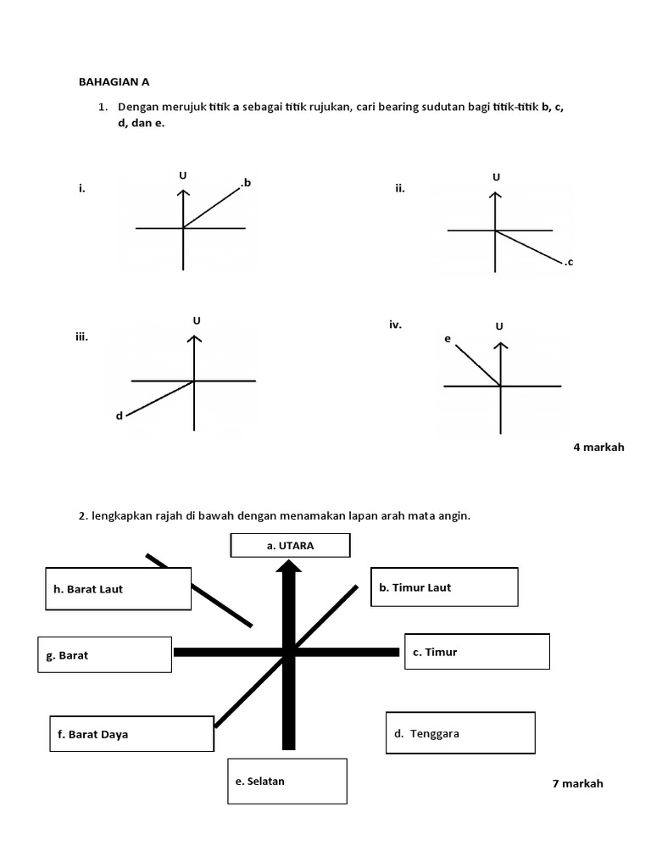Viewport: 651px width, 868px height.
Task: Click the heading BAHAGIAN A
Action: [x=114, y=82]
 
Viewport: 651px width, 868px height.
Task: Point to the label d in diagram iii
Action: [x=120, y=415]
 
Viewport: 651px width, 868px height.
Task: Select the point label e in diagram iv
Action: [x=447, y=339]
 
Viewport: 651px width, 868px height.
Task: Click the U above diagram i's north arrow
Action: [x=182, y=175]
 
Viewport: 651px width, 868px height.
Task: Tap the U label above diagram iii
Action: [x=197, y=320]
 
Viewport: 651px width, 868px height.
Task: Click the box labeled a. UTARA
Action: [x=290, y=546]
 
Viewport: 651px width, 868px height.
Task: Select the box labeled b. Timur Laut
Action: [x=444, y=587]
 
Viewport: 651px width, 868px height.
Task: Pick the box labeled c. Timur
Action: [x=477, y=652]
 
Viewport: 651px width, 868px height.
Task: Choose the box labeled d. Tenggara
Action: [x=460, y=733]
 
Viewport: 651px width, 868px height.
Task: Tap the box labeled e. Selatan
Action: [x=288, y=781]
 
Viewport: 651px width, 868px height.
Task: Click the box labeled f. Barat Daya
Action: [x=131, y=734]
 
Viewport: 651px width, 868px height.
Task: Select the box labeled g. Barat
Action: [x=105, y=655]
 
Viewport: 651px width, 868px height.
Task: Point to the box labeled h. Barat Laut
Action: [x=118, y=588]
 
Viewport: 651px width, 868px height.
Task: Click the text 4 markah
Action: [x=598, y=447]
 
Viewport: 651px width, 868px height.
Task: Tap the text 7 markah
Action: [x=577, y=783]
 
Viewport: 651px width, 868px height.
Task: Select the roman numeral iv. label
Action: [x=396, y=324]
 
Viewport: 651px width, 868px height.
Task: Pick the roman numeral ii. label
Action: [x=399, y=188]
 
